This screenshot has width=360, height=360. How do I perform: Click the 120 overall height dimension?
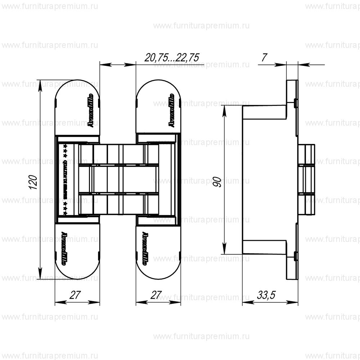(33, 182)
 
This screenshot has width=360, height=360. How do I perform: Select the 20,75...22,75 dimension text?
(172, 57)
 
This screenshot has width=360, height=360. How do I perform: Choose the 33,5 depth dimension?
(266, 295)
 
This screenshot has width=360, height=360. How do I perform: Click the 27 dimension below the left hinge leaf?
(75, 295)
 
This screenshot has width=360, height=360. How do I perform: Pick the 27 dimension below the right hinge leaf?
(156, 295)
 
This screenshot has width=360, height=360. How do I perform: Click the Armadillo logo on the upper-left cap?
(91, 109)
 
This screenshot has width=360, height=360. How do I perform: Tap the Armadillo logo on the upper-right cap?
(172, 109)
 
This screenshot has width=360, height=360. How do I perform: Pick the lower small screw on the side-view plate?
(295, 256)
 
